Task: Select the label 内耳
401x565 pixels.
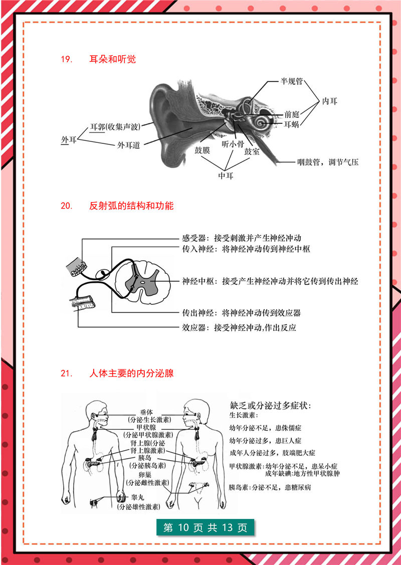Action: point(329,101)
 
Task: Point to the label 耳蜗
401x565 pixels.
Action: point(291,124)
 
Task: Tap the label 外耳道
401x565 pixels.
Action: point(128,144)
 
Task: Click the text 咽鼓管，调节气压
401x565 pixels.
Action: point(328,162)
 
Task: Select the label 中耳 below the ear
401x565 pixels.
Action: point(226,175)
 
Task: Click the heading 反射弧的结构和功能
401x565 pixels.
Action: point(131,206)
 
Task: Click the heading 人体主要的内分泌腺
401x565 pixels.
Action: point(131,373)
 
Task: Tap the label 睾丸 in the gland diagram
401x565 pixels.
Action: point(137,498)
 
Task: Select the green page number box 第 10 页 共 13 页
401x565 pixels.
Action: point(206,528)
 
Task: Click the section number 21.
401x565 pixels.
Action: point(67,373)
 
